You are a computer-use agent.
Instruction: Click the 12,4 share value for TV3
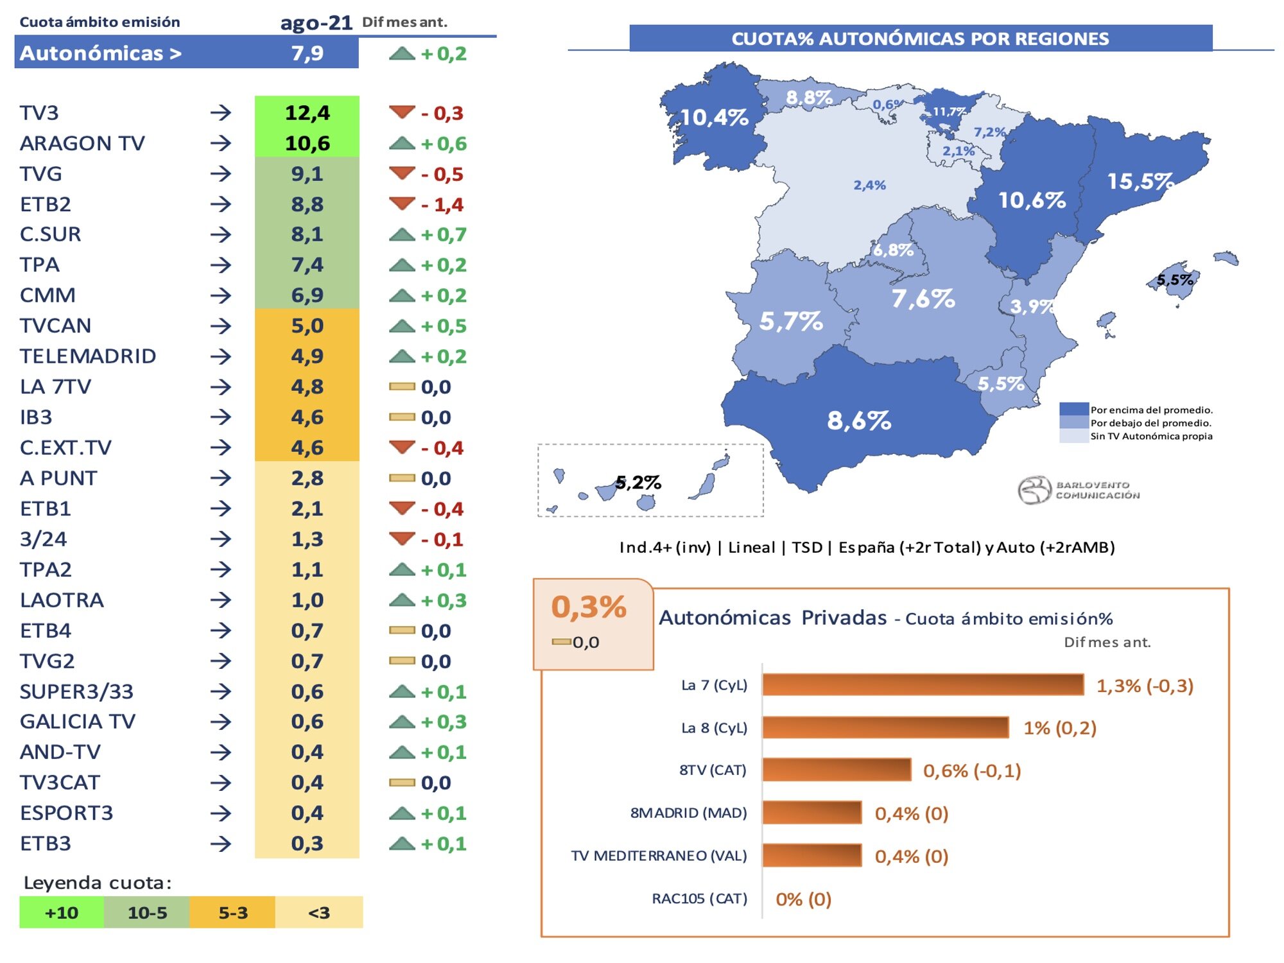pos(307,112)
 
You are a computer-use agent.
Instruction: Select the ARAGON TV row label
pos(82,143)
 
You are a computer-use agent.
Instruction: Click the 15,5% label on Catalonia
pos(1140,181)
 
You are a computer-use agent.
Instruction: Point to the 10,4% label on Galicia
pos(714,117)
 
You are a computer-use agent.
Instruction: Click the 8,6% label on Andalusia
pos(858,421)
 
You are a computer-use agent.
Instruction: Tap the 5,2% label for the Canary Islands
pos(638,482)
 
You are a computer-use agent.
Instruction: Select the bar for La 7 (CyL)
pos(923,685)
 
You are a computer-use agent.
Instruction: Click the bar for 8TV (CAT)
pos(837,770)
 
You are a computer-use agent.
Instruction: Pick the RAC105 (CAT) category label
pos(699,899)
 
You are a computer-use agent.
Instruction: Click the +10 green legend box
pos(62,912)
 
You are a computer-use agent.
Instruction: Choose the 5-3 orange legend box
pos(232,912)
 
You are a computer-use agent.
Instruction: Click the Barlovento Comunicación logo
pos(1079,490)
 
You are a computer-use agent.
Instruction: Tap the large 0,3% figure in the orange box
pos(589,607)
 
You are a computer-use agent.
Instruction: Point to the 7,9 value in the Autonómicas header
pos(307,53)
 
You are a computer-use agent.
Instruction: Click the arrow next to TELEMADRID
pos(221,356)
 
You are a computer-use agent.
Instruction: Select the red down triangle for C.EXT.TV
pos(402,447)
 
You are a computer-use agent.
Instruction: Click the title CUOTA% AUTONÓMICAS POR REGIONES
pos(920,39)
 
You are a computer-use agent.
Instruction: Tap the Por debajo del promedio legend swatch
pos(1073,423)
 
